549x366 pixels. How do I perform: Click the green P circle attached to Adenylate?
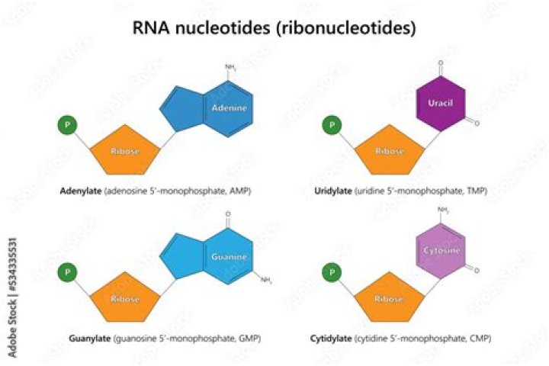[x=68, y=124]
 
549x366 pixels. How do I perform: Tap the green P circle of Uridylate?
[x=332, y=124]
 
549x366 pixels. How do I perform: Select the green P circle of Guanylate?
[x=68, y=271]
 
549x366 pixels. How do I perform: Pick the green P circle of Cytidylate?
[x=332, y=271]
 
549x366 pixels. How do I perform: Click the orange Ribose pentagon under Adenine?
[x=127, y=151]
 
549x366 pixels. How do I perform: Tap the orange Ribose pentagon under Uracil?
[x=390, y=151]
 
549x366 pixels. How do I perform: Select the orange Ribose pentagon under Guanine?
[x=127, y=298]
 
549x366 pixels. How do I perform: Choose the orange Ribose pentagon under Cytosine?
[x=390, y=298]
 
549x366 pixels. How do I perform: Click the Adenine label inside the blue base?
[x=230, y=109]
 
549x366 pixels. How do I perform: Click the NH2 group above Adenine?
[x=230, y=68]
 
